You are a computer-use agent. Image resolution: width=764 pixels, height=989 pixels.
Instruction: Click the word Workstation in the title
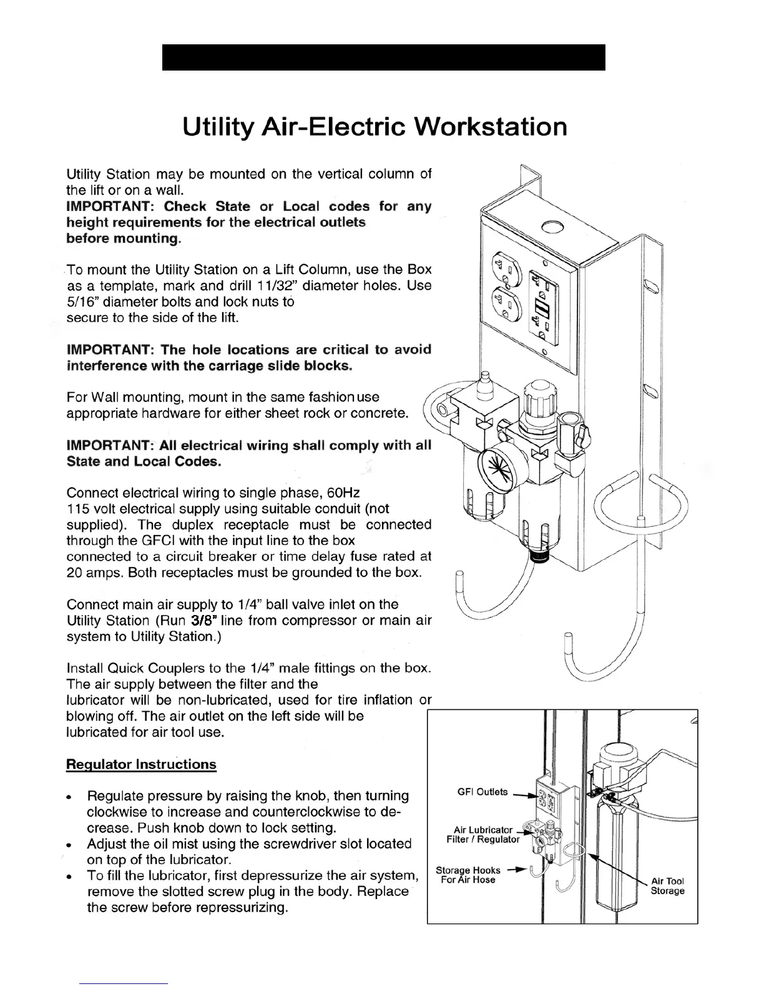tap(491, 127)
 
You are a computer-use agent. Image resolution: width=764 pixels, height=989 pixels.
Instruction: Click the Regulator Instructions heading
tap(141, 764)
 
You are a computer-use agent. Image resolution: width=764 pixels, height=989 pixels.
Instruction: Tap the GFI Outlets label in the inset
tap(482, 792)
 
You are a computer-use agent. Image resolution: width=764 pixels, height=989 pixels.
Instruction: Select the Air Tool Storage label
tap(667, 885)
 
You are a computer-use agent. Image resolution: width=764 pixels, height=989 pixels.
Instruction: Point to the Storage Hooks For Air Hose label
tap(468, 875)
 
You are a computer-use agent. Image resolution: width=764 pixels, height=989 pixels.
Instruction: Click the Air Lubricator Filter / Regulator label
tap(482, 834)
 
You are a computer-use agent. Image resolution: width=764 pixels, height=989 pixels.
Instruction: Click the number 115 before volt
tap(79, 509)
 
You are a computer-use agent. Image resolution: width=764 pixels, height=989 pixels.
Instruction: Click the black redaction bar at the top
tap(383, 57)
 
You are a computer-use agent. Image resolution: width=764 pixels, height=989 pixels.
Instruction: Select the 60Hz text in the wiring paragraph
tap(343, 493)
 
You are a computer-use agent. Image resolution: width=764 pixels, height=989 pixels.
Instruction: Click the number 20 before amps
tap(76, 573)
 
